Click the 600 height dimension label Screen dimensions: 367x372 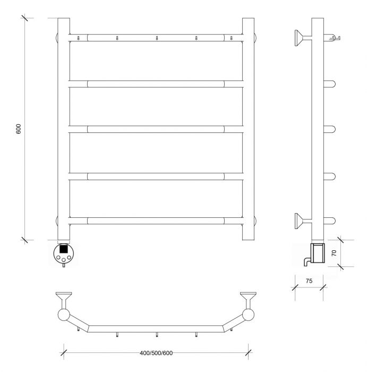click(x=19, y=129)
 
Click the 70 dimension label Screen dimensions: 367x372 click(x=334, y=253)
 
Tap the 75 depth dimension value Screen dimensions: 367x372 click(x=309, y=281)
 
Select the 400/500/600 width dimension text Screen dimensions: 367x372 click(x=156, y=353)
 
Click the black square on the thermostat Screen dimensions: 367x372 click(x=64, y=249)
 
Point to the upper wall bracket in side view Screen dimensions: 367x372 click(x=303, y=38)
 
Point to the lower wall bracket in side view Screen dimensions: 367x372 click(x=303, y=221)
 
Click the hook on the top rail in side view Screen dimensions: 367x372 click(x=334, y=38)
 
